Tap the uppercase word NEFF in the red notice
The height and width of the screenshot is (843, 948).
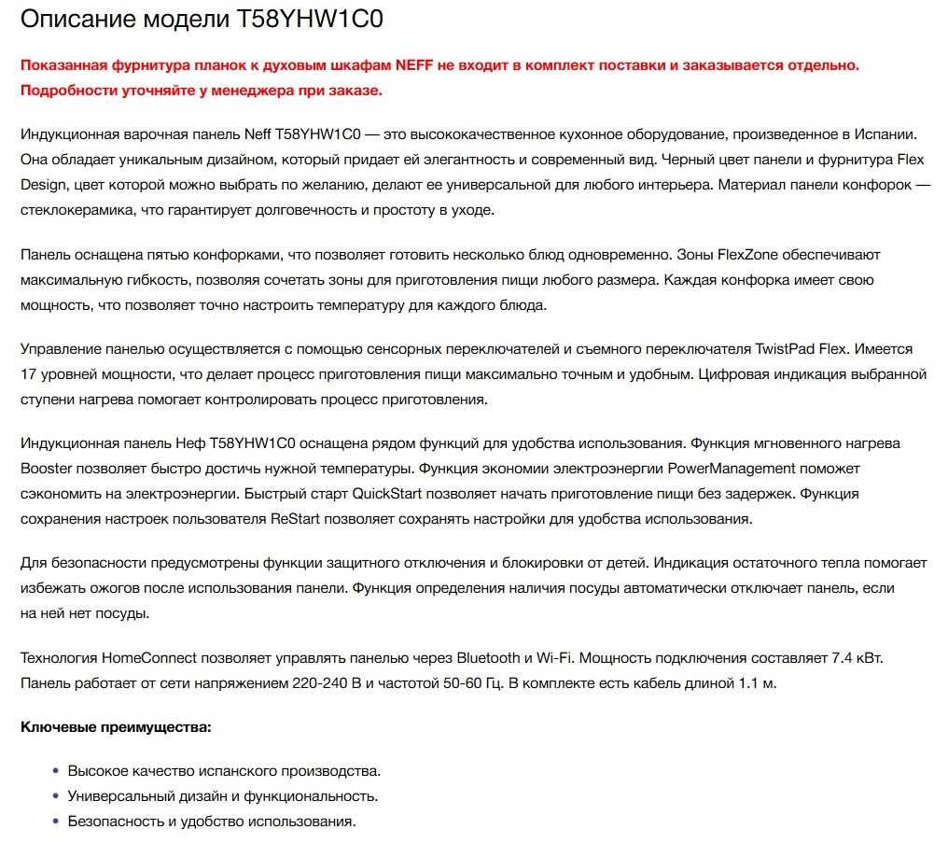tap(416, 65)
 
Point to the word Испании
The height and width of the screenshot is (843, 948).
tap(880, 135)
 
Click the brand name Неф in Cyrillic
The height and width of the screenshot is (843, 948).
tap(191, 443)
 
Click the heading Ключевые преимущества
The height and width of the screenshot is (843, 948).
tap(116, 725)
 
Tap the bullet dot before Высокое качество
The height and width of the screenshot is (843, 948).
tap(55, 772)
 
